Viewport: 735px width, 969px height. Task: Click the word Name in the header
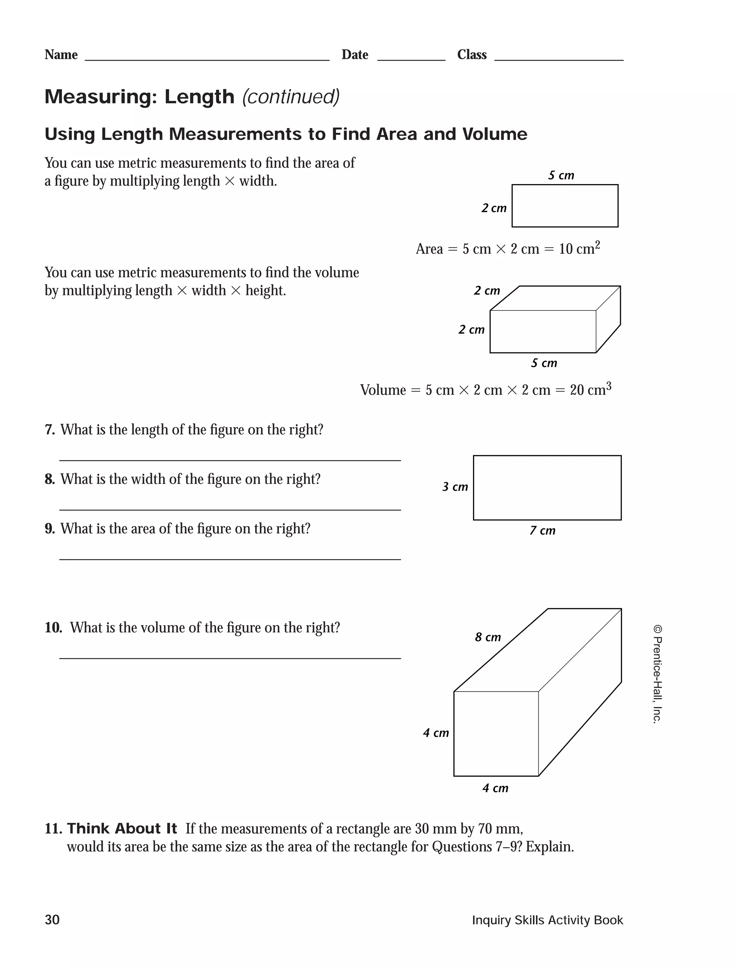[x=61, y=55]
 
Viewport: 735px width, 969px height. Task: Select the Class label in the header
[x=471, y=55]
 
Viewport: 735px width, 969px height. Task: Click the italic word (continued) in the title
[x=290, y=97]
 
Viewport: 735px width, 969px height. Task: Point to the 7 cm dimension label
[x=542, y=530]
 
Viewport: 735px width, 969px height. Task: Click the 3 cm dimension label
[x=455, y=487]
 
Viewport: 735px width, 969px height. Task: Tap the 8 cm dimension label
[x=487, y=637]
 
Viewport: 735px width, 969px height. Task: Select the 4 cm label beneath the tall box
[x=495, y=788]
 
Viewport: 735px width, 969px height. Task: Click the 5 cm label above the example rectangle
[x=561, y=175]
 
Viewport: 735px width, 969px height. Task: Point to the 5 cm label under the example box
[x=544, y=363]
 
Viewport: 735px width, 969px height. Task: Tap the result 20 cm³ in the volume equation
[x=590, y=389]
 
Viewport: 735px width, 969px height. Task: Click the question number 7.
[x=50, y=430]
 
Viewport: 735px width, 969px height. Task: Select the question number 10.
[x=53, y=628]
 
